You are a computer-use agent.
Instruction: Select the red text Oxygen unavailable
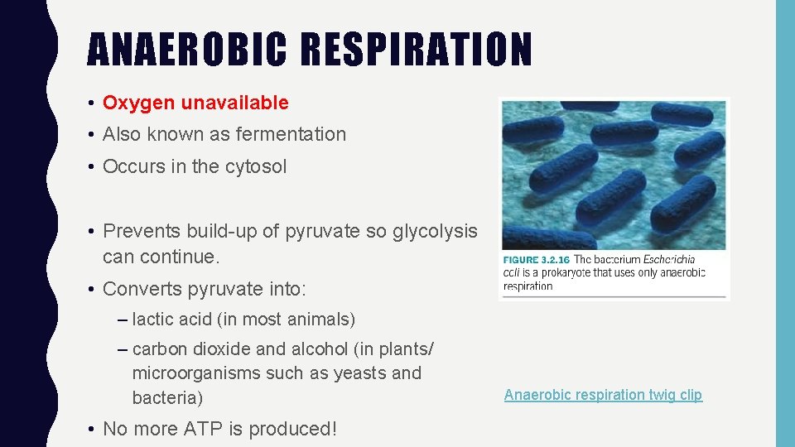click(x=195, y=103)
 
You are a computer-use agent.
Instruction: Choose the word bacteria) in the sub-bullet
click(x=167, y=398)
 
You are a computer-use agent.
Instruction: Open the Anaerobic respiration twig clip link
click(x=603, y=395)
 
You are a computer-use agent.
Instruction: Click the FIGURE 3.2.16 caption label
click(x=536, y=259)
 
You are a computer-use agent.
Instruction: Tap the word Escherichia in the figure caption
click(x=677, y=259)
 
